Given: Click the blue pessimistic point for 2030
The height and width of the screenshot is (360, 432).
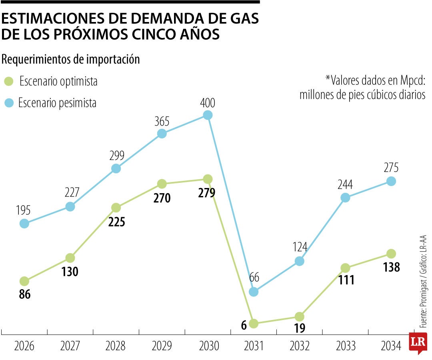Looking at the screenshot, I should (207, 115).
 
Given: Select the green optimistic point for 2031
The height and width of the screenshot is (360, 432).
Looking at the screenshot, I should (253, 323).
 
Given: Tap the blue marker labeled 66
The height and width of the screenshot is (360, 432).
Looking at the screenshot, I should (253, 292).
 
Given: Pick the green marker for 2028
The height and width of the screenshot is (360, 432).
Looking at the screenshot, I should (116, 208).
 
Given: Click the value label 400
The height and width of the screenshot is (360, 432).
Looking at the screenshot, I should (207, 103).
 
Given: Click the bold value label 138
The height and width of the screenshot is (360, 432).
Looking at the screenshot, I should (391, 267).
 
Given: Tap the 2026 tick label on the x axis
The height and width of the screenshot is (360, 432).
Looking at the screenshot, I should (24, 346).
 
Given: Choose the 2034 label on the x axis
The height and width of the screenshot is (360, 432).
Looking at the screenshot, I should (391, 346).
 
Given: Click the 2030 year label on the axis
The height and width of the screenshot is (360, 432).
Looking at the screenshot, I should (207, 346).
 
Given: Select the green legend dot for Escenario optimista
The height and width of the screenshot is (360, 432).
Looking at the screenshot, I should (9, 82).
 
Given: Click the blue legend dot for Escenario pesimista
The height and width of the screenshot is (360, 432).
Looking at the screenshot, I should (9, 103).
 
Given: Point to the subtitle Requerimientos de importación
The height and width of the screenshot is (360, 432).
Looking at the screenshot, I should (71, 60).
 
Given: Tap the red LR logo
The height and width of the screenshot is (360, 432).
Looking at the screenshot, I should (417, 343).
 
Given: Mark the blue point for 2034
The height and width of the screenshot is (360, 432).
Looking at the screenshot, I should (391, 181).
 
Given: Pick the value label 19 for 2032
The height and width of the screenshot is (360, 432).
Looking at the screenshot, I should (299, 328).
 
